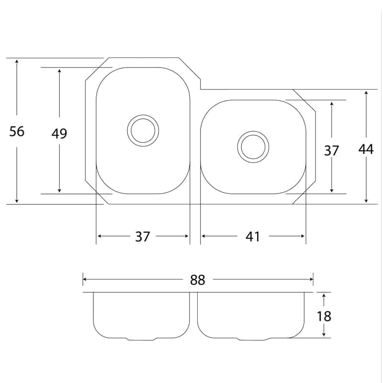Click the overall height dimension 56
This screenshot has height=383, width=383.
click(17, 131)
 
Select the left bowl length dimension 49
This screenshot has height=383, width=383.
click(59, 134)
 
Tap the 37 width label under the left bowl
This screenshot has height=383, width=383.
click(142, 237)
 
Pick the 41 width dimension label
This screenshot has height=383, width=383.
click(253, 237)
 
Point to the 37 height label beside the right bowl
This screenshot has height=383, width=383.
click(331, 150)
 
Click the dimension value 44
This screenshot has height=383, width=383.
click(366, 149)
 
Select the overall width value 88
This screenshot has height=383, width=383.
click(198, 280)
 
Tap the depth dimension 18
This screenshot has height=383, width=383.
click(324, 316)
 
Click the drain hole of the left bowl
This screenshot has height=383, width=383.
click(143, 131)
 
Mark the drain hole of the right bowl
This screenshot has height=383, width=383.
click(253, 147)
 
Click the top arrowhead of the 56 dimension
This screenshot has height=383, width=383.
click(17, 61)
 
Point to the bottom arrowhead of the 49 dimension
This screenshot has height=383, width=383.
click(59, 190)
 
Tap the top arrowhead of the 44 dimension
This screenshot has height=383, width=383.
click(366, 93)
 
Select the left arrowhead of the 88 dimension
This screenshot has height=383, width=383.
click(85, 279)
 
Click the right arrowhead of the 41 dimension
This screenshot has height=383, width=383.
click(303, 236)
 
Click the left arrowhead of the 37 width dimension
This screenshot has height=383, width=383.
click(100, 236)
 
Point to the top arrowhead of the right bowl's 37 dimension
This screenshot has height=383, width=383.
click(331, 103)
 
